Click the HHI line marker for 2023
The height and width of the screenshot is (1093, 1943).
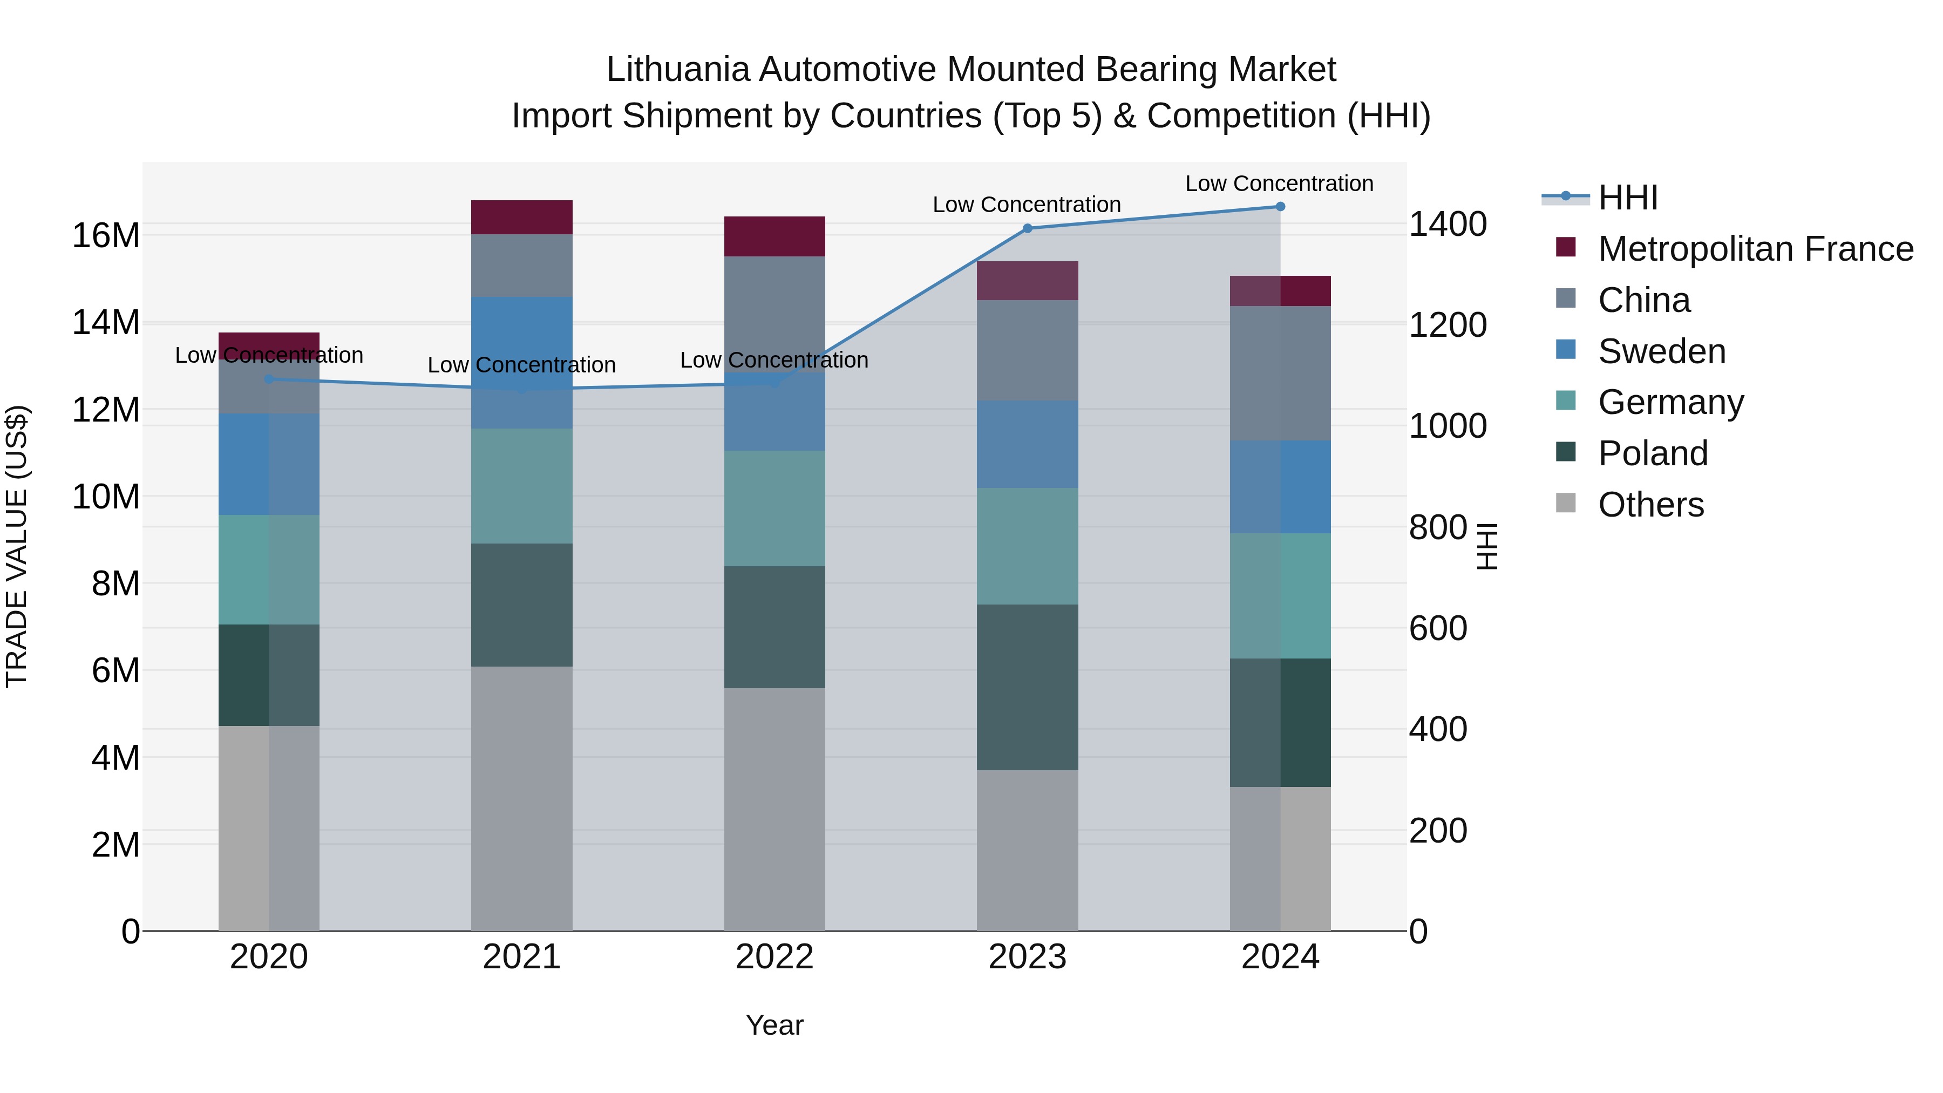[x=1027, y=228]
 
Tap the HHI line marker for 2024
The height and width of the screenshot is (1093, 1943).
[x=1280, y=207]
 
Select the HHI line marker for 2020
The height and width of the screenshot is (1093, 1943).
[x=269, y=379]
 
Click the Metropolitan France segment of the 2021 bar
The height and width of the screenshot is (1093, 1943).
[x=522, y=217]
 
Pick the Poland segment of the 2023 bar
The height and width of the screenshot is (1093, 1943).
[x=1027, y=687]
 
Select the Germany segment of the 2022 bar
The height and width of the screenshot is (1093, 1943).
[x=775, y=508]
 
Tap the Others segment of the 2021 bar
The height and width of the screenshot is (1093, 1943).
[x=522, y=798]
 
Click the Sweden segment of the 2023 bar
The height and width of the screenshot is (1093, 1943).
[x=1027, y=444]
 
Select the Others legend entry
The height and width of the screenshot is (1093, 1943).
[x=1650, y=505]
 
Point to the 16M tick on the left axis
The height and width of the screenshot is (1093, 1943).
[x=106, y=235]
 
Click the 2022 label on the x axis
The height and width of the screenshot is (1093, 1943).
[x=775, y=957]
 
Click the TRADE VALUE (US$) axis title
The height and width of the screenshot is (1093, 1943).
[x=17, y=546]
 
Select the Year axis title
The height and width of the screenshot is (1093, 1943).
[x=775, y=1025]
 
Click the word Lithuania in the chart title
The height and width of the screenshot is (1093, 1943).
[x=677, y=70]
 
